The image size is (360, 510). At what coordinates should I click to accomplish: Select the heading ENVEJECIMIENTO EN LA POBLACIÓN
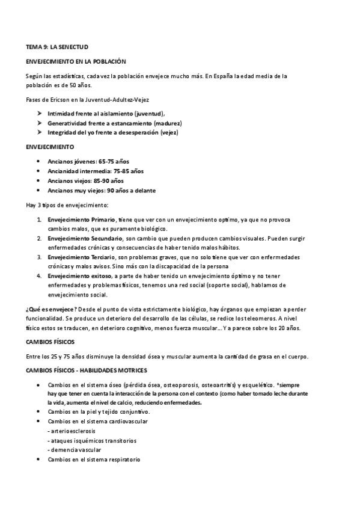pyautogui.click(x=76, y=61)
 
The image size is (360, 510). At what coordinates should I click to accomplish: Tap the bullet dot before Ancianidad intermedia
pyautogui.click(x=39, y=171)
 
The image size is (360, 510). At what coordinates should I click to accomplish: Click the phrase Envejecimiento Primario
pyautogui.click(x=81, y=220)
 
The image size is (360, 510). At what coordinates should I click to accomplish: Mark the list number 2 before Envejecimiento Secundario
pyautogui.click(x=39, y=239)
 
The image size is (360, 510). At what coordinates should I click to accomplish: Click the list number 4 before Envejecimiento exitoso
pyautogui.click(x=39, y=276)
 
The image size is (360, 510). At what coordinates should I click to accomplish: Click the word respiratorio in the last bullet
pyautogui.click(x=120, y=459)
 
